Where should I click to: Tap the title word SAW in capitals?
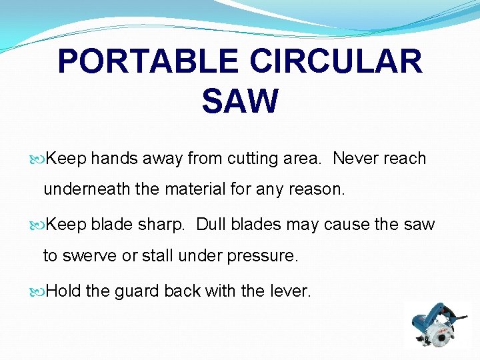(x=239, y=101)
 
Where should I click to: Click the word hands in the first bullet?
(x=114, y=159)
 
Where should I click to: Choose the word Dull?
(x=214, y=225)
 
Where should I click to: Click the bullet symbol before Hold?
(x=41, y=291)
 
